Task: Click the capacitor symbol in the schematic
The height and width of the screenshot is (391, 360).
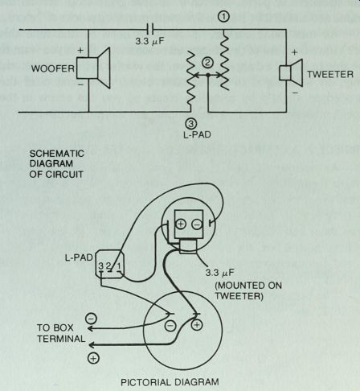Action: (x=150, y=29)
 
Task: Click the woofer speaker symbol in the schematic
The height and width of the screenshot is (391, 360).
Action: (x=93, y=68)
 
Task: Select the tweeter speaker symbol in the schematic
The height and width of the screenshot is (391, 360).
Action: (x=291, y=72)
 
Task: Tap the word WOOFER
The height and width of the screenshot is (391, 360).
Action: (x=53, y=68)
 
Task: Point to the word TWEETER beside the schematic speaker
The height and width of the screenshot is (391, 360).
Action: (x=330, y=74)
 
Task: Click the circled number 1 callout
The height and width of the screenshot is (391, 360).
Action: (x=223, y=17)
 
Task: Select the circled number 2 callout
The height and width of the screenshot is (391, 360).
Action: (x=207, y=63)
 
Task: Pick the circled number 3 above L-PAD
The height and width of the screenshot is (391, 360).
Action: (x=190, y=124)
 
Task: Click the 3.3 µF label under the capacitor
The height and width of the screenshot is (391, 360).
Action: (x=149, y=42)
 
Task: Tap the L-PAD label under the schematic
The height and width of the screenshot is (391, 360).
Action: (x=197, y=134)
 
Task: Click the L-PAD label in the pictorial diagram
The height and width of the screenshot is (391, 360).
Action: (x=79, y=257)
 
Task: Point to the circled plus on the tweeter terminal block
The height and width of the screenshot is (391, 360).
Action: (x=181, y=224)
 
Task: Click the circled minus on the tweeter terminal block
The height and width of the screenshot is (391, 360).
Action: (x=197, y=224)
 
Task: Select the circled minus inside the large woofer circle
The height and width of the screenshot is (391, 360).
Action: (x=170, y=326)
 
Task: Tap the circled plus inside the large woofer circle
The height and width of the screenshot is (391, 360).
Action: (x=197, y=325)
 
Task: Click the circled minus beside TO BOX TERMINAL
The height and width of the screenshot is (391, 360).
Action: (x=91, y=319)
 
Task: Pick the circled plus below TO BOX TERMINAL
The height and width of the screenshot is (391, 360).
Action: (x=93, y=358)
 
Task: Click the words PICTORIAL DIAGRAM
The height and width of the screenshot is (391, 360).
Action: (x=170, y=382)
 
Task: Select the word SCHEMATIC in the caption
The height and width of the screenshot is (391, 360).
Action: (x=57, y=154)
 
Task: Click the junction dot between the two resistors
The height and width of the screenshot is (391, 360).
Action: (x=208, y=76)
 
